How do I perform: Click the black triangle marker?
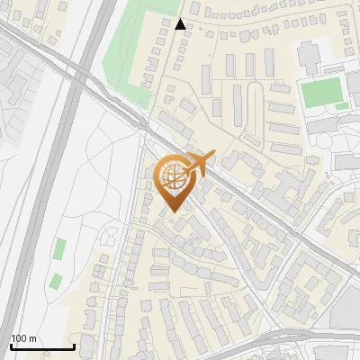click(x=181, y=24)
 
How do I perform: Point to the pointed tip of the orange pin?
click(x=171, y=211)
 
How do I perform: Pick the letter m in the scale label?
click(x=34, y=338)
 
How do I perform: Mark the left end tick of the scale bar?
click(x=11, y=346)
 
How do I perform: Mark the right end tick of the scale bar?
click(x=74, y=346)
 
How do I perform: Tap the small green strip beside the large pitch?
click(x=343, y=106)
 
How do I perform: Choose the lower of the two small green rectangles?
click(x=56, y=280)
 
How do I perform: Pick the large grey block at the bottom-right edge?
click(x=346, y=310)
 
